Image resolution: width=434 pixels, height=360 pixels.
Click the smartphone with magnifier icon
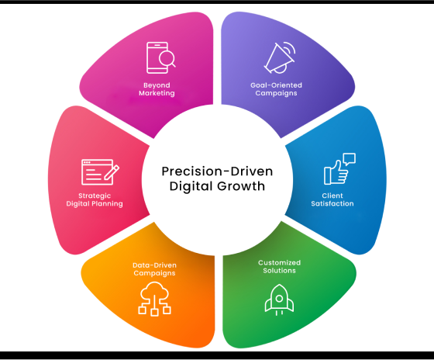(160, 57)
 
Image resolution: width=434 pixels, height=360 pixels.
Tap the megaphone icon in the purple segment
(280, 57)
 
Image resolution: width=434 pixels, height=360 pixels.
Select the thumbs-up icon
(336, 172)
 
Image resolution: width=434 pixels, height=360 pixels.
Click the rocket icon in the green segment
(279, 299)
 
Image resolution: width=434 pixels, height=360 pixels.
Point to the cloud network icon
(154, 299)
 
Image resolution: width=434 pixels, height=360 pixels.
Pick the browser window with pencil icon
(100, 171)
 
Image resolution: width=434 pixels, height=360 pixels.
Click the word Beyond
(157, 85)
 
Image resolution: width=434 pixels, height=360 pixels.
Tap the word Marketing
(157, 93)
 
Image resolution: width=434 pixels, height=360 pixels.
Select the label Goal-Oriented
(276, 85)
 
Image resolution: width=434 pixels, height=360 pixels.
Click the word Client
(332, 196)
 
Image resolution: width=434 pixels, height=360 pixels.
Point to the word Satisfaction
(332, 204)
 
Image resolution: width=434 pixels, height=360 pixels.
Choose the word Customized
(279, 262)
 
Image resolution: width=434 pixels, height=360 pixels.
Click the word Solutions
(279, 271)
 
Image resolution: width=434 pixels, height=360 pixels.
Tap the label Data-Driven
(154, 265)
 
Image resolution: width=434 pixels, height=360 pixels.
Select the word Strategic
(95, 196)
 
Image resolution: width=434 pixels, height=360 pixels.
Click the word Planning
(107, 204)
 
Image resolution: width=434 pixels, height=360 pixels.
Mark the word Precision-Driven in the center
(217, 171)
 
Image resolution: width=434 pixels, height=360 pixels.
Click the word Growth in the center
(241, 186)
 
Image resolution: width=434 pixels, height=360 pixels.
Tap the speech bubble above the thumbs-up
(350, 159)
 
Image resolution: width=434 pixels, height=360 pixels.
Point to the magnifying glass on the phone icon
(167, 59)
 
